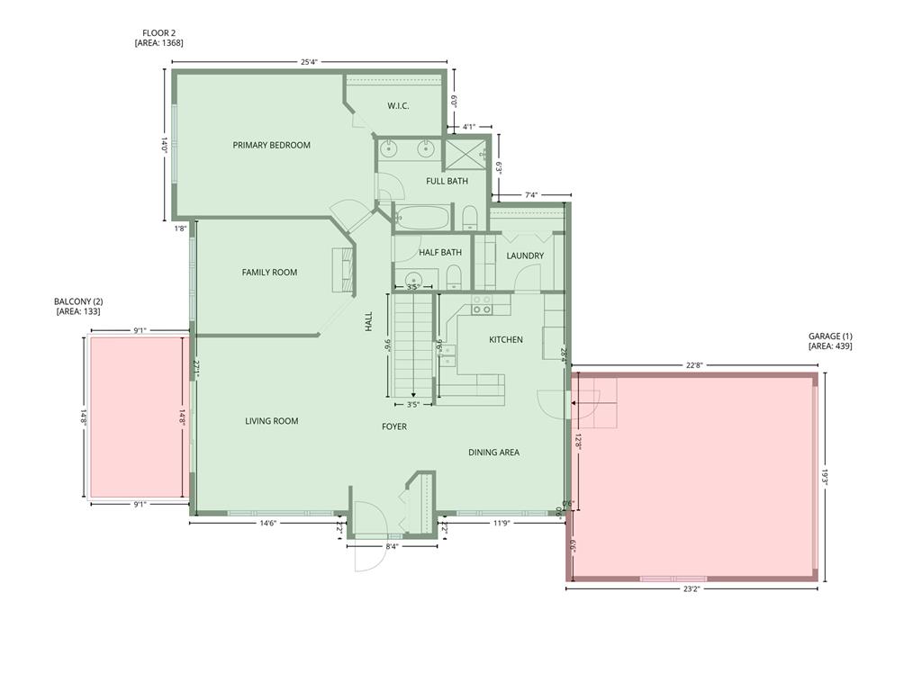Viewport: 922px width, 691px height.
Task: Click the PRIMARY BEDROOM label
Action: point(271,145)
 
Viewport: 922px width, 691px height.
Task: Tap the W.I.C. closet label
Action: point(398,106)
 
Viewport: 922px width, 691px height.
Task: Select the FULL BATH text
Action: point(447,181)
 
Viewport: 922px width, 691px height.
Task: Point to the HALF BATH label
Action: point(440,253)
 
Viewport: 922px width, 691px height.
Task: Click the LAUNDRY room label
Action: point(525,256)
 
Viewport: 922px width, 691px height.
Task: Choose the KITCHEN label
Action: point(506,339)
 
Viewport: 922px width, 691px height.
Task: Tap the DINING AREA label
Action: point(493,453)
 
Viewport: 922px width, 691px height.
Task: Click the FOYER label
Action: point(394,426)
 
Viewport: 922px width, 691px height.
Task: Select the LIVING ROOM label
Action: point(272,421)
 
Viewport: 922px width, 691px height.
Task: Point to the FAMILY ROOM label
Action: point(269,273)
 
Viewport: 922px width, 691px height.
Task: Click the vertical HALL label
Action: point(368,322)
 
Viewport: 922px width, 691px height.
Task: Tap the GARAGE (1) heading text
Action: point(830,336)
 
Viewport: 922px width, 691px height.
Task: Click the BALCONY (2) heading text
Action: point(78,301)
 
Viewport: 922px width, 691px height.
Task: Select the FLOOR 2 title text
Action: point(158,32)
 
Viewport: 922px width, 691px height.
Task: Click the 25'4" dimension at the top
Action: point(309,62)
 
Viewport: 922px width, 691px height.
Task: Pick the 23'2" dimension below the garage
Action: point(691,589)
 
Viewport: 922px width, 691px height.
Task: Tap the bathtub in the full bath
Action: point(422,218)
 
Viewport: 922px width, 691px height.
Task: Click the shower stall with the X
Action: point(466,154)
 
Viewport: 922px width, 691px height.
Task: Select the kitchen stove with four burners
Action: point(483,305)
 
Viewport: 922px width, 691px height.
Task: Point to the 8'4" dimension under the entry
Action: point(392,546)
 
